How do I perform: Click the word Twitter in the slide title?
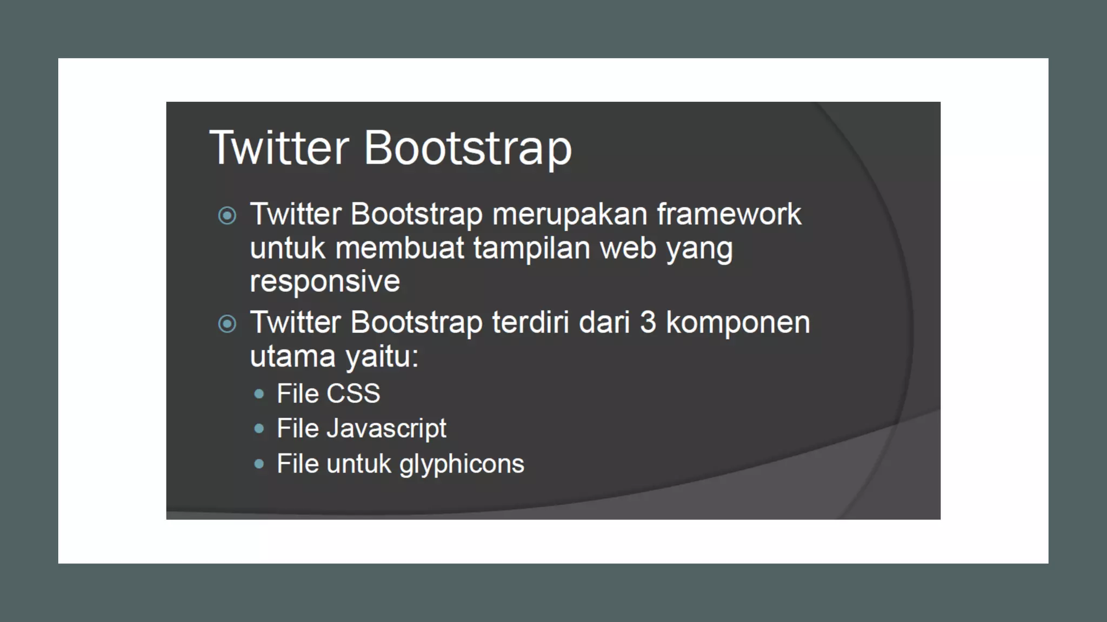[279, 147]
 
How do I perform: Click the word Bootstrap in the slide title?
[468, 148]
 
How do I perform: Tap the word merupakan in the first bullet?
[570, 215]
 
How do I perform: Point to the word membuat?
[399, 248]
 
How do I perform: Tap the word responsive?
[325, 282]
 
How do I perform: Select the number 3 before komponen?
[648, 322]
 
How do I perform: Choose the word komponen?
[738, 323]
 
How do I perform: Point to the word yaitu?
[382, 357]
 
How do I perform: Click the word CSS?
[354, 394]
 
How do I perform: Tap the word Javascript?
[386, 429]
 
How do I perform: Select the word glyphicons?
[462, 464]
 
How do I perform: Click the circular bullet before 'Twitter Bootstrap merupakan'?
[227, 216]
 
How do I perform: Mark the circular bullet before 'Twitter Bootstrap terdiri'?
[227, 324]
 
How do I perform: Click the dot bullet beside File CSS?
[259, 394]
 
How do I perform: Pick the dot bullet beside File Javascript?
[259, 429]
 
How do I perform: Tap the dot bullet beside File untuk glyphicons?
[259, 464]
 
